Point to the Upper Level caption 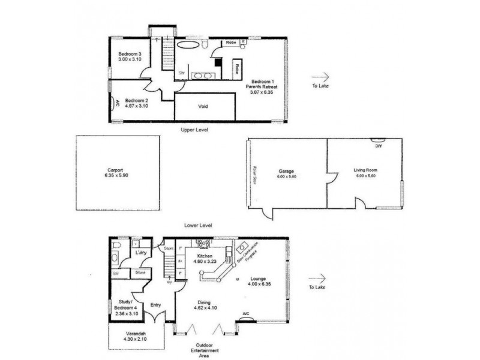[194, 130]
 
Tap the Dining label [202, 302]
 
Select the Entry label [156, 305]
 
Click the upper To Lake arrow [321, 77]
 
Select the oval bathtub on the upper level [187, 46]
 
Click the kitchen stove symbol [201, 244]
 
